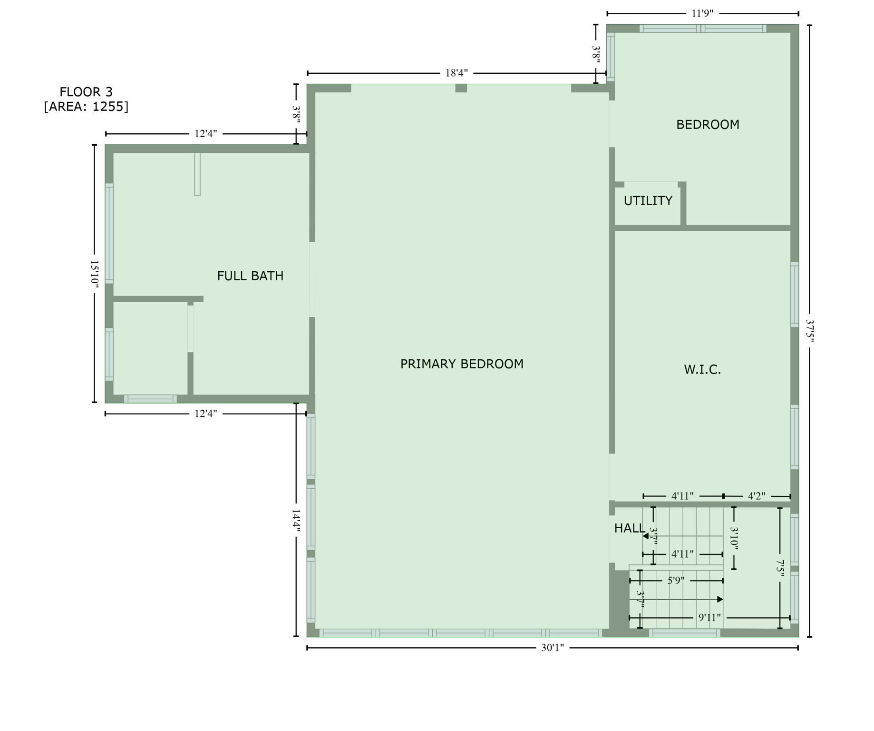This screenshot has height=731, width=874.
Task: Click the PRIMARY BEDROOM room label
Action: point(461,364)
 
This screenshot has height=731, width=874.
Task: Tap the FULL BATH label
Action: point(250,276)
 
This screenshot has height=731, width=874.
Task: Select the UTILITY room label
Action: point(648,201)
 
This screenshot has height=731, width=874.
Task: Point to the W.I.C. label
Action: point(702,370)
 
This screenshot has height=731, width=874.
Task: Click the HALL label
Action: point(629,528)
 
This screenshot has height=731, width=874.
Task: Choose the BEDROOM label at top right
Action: point(708,125)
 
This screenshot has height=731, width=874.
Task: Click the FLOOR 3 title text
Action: point(86,92)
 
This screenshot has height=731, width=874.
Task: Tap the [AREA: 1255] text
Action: point(86,107)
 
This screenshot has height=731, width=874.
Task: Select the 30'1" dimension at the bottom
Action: point(552,648)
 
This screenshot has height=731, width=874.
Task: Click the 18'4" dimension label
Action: point(456,73)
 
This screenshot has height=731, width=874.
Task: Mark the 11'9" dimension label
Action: point(702,13)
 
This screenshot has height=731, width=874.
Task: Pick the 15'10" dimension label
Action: point(94,273)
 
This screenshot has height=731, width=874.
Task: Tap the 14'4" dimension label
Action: point(296,521)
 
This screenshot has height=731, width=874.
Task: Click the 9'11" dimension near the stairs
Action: point(709,618)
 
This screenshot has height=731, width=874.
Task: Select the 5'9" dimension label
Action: point(676,581)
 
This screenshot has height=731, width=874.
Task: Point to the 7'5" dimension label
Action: point(780,569)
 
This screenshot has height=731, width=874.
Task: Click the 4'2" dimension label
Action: point(756,496)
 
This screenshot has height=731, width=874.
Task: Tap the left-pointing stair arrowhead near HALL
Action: point(646,536)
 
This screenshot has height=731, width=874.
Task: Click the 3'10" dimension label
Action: point(734,538)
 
